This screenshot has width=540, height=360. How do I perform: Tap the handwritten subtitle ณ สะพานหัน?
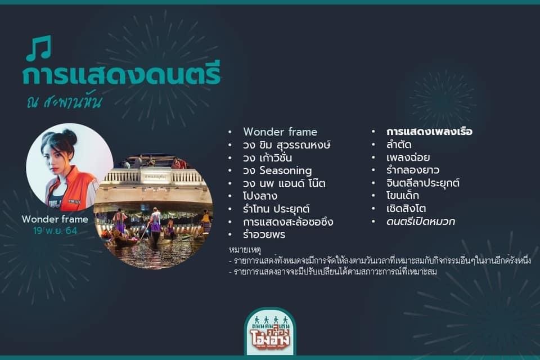coord(64,101)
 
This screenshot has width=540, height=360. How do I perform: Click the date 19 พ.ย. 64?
coord(55,231)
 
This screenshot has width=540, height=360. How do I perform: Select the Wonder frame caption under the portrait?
coord(55,219)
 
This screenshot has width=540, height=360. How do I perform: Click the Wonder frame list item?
coord(280,132)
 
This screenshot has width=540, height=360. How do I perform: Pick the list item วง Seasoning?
coord(277,170)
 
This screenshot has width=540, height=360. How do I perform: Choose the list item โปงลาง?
coord(260,196)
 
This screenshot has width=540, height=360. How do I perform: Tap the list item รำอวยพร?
coord(264,235)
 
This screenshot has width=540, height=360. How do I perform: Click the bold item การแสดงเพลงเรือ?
coord(429,132)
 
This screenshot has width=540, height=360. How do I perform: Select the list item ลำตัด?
coord(399,145)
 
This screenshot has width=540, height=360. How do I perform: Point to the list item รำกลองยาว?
coord(413,170)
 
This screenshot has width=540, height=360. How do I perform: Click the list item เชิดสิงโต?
coord(406,209)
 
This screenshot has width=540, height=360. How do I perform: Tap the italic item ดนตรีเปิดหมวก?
coord(421,221)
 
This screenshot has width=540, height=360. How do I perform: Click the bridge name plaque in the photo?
coord(156,177)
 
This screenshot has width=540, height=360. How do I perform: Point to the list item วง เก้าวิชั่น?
coord(267,157)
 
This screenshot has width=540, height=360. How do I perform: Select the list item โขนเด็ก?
coord(403,195)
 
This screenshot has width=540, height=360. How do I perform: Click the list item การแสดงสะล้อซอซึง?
coord(288,222)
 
